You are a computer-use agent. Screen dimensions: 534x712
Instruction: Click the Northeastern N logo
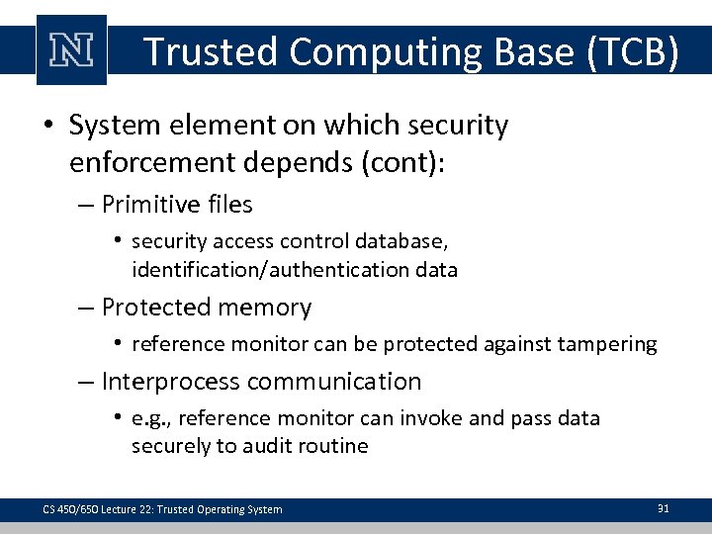click(x=71, y=51)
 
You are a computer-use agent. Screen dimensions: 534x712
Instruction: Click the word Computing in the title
click(x=382, y=52)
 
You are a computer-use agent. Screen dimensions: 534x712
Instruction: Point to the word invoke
click(x=430, y=418)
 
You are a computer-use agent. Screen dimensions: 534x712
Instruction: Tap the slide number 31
click(x=664, y=508)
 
